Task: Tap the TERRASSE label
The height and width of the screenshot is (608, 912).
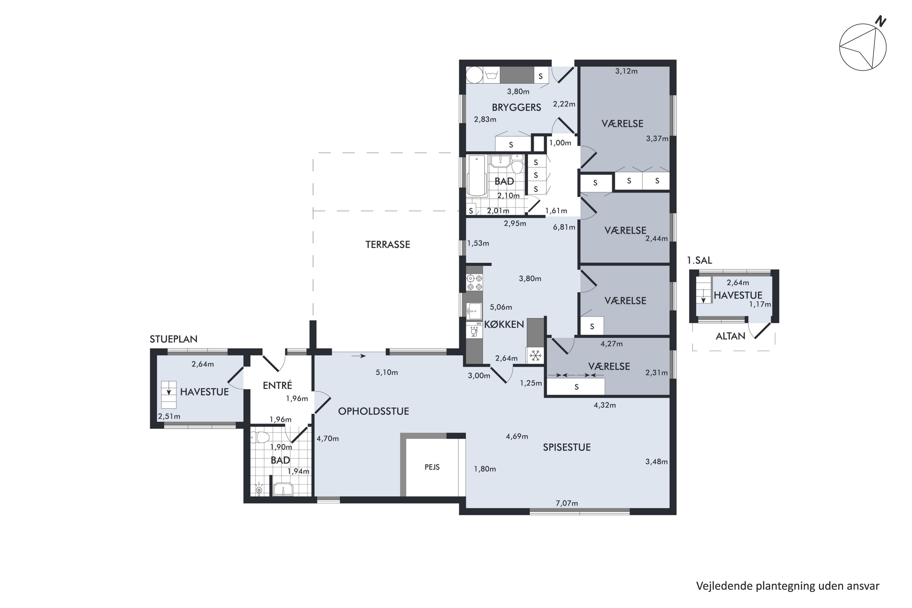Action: coord(388,245)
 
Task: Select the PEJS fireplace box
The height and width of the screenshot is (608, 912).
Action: coord(432,467)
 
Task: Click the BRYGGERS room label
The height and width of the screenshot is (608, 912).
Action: coord(516,107)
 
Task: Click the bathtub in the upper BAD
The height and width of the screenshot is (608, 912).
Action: coord(477,176)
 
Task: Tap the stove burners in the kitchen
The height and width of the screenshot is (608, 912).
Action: coord(475,283)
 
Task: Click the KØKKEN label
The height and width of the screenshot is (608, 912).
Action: coord(504,325)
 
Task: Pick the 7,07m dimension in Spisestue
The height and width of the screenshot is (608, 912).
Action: coord(567,503)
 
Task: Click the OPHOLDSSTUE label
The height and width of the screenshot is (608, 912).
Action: coord(373,411)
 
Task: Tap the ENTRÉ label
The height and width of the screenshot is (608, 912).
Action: coord(277,385)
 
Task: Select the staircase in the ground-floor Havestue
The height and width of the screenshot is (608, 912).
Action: coord(169,395)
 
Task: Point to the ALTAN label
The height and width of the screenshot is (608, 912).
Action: coord(731,336)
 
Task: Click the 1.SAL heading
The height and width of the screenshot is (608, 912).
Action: coord(700,261)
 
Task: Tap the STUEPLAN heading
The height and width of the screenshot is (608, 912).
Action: coord(174,339)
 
